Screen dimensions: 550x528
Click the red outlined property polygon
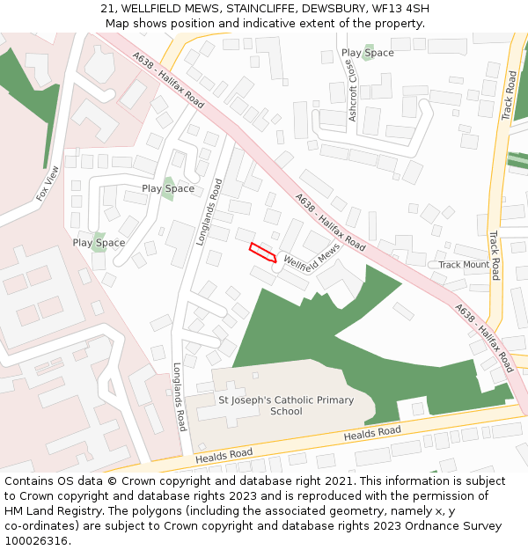pyautogui.click(x=262, y=252)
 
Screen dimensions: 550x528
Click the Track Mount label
pyautogui.click(x=464, y=265)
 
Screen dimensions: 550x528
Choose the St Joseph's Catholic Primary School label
pyautogui.click(x=286, y=406)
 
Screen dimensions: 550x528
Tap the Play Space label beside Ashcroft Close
pyautogui.click(x=368, y=53)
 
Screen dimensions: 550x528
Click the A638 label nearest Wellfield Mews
pyautogui.click(x=330, y=223)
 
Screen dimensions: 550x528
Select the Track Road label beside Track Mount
pyautogui.click(x=495, y=255)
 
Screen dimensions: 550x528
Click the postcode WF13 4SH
pyautogui.click(x=400, y=9)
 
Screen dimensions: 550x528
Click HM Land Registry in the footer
pyautogui.click(x=48, y=511)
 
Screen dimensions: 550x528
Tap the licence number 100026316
pyautogui.click(x=36, y=541)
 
